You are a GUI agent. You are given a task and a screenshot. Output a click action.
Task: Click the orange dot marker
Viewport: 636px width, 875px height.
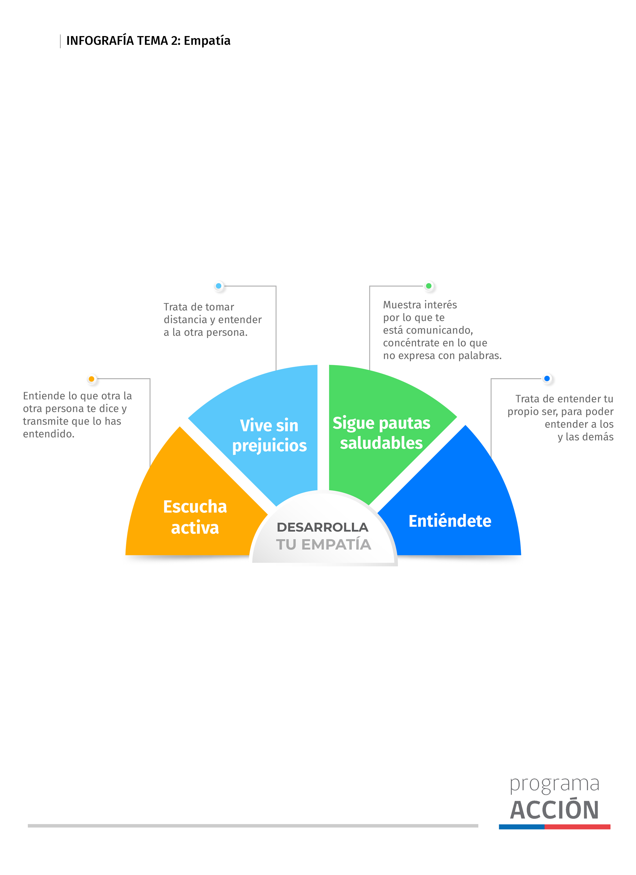[91, 379]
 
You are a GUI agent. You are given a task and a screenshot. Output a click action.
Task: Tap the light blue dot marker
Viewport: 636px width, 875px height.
[219, 286]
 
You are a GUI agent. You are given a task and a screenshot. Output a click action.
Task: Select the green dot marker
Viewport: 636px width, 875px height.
[429, 286]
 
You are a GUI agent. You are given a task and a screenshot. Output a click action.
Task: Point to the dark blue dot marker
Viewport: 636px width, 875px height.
[547, 378]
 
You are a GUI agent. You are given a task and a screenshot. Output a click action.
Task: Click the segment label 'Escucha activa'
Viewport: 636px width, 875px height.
[195, 517]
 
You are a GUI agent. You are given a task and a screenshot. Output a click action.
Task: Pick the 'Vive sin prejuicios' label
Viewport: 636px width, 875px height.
[269, 435]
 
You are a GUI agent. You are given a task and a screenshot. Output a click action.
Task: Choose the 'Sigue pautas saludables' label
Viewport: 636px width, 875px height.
[381, 433]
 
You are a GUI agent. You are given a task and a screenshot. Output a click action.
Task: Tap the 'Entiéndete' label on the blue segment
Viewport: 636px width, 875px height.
[450, 521]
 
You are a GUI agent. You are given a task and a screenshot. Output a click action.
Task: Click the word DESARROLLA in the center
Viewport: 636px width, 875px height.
[323, 527]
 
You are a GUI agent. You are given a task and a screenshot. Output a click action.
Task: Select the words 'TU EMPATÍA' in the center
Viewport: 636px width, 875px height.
[323, 544]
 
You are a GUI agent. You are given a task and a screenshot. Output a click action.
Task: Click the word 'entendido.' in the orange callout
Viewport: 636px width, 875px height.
[48, 434]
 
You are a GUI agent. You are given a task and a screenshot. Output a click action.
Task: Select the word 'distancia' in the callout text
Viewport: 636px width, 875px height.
[185, 320]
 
